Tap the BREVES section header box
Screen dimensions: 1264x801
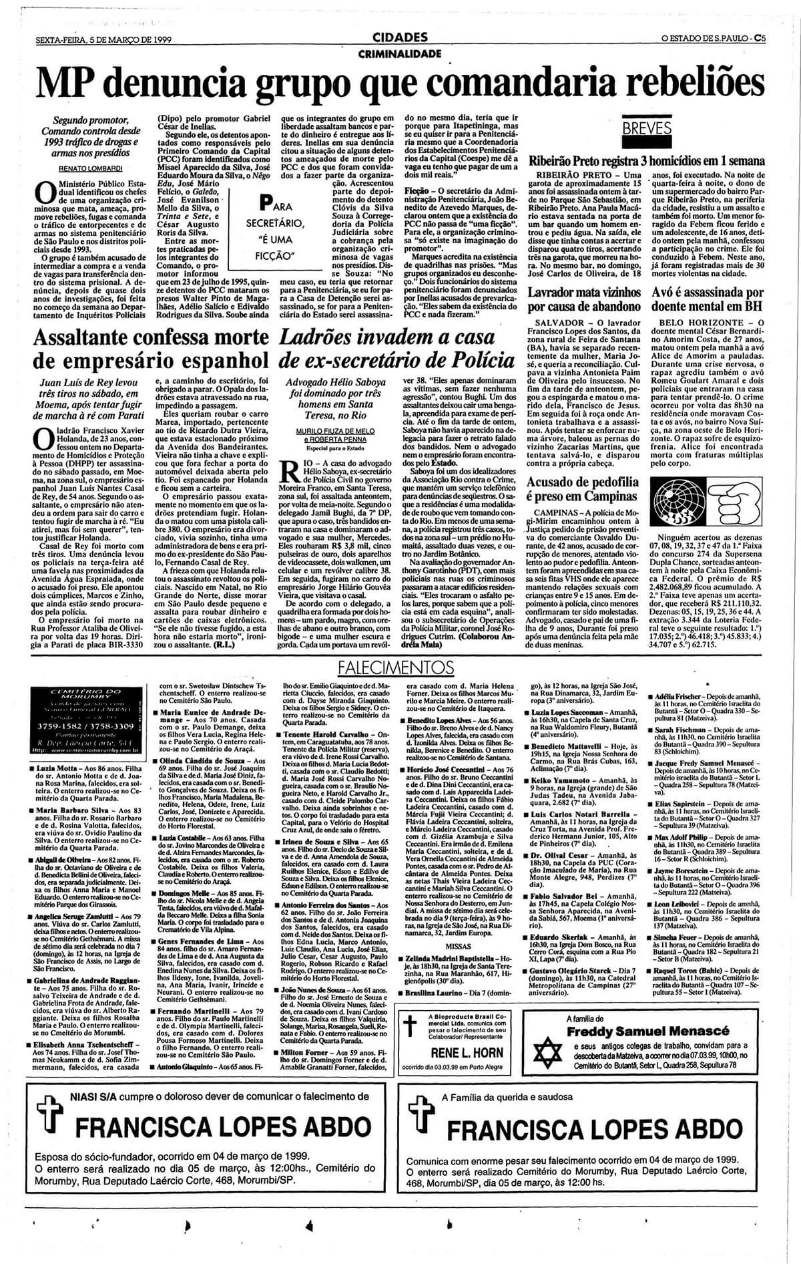coord(647,128)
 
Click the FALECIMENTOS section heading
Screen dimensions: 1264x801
coord(391,667)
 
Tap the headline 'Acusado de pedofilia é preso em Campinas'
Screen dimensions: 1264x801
coord(582,489)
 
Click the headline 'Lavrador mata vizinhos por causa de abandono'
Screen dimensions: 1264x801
coord(583,299)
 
